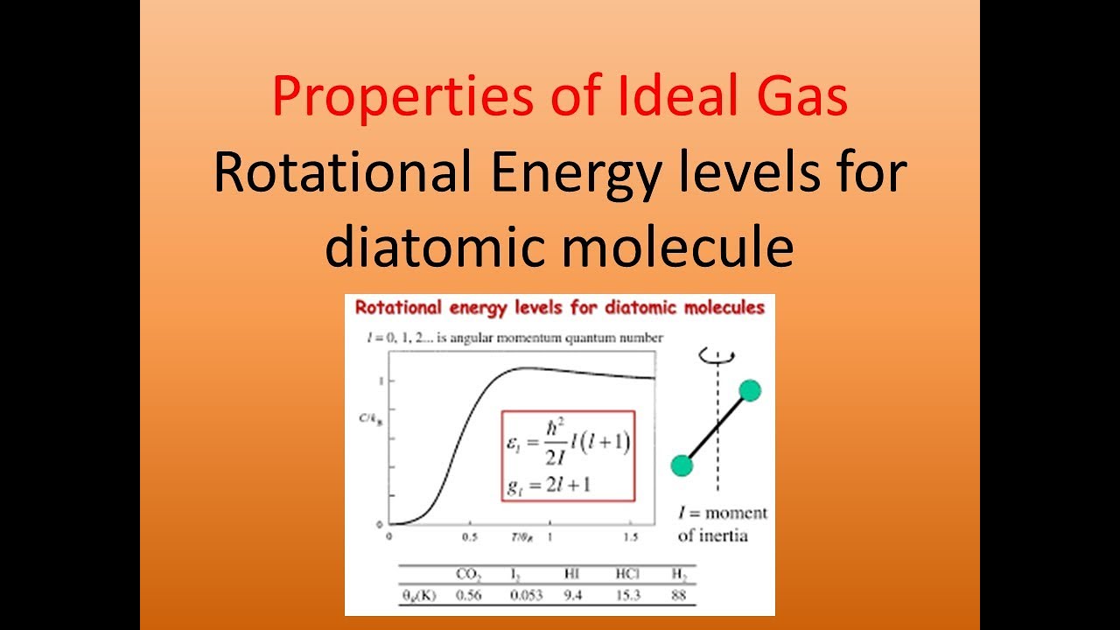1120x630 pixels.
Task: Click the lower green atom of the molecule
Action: [682, 465]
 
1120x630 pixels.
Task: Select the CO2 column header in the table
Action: [469, 575]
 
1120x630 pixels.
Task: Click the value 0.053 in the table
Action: [525, 595]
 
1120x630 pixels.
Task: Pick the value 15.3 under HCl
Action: [626, 595]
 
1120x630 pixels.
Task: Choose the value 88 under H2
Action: [678, 595]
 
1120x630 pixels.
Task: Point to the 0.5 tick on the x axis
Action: [469, 536]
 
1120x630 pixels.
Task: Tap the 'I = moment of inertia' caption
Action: [722, 523]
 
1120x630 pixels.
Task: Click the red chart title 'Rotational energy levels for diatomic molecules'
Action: [559, 308]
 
